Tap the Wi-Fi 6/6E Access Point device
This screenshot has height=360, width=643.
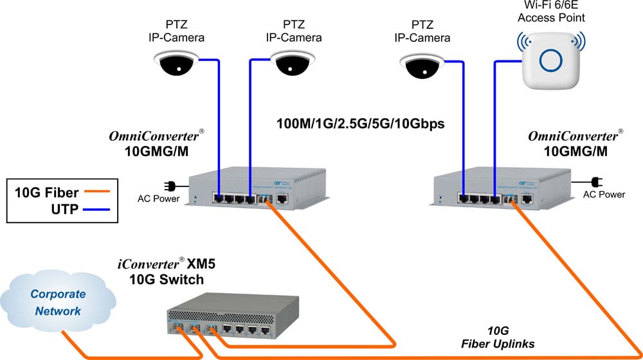tap(552, 61)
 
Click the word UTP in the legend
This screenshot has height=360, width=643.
tap(64, 209)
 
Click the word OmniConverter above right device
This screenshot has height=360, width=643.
tap(571, 137)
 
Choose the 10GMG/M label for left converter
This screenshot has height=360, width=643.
tap(158, 152)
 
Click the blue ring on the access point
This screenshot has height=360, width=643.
tap(552, 61)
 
